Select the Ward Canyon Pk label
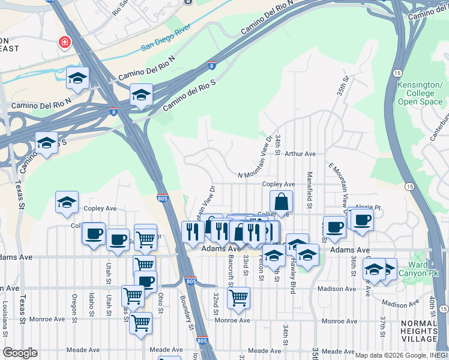click(418, 269)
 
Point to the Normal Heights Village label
click(419, 331)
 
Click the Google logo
click(20, 353)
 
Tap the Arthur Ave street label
click(300, 154)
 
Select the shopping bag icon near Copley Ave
click(281, 203)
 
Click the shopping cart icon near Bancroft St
click(239, 297)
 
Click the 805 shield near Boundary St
click(191, 281)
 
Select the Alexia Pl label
click(368, 207)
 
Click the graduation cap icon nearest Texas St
click(46, 143)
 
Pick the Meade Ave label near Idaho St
click(83, 350)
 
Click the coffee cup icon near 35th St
click(334, 227)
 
